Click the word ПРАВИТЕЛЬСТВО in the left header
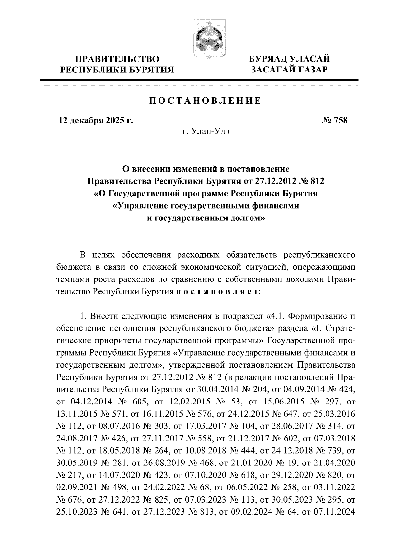(x=118, y=59)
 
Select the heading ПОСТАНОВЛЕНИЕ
(x=205, y=101)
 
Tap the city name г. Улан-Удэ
(x=206, y=132)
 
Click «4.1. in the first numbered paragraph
(x=276, y=316)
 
